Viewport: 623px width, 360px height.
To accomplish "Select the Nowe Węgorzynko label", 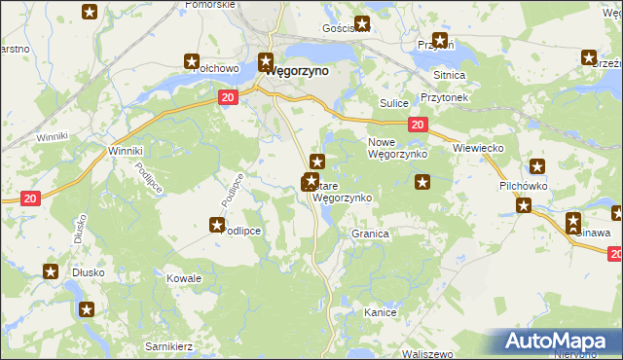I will tap(397, 148).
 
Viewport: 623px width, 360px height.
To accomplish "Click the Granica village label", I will tap(370, 234).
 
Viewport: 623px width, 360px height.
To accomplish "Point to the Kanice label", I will tap(380, 312).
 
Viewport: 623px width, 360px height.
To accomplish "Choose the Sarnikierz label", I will tap(167, 346).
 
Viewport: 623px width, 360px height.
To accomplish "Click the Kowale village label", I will tap(183, 278).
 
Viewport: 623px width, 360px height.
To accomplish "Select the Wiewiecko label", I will tap(477, 148).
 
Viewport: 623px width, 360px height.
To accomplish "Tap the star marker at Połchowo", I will tap(192, 61).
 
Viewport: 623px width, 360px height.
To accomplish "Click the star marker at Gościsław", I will tap(362, 24).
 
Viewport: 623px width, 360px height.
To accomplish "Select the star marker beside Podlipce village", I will tap(217, 226).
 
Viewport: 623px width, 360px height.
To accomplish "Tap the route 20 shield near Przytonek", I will tap(417, 124).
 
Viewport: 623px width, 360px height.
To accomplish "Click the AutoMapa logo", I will tap(558, 342).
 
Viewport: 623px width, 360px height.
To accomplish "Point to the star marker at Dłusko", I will tap(50, 272).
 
